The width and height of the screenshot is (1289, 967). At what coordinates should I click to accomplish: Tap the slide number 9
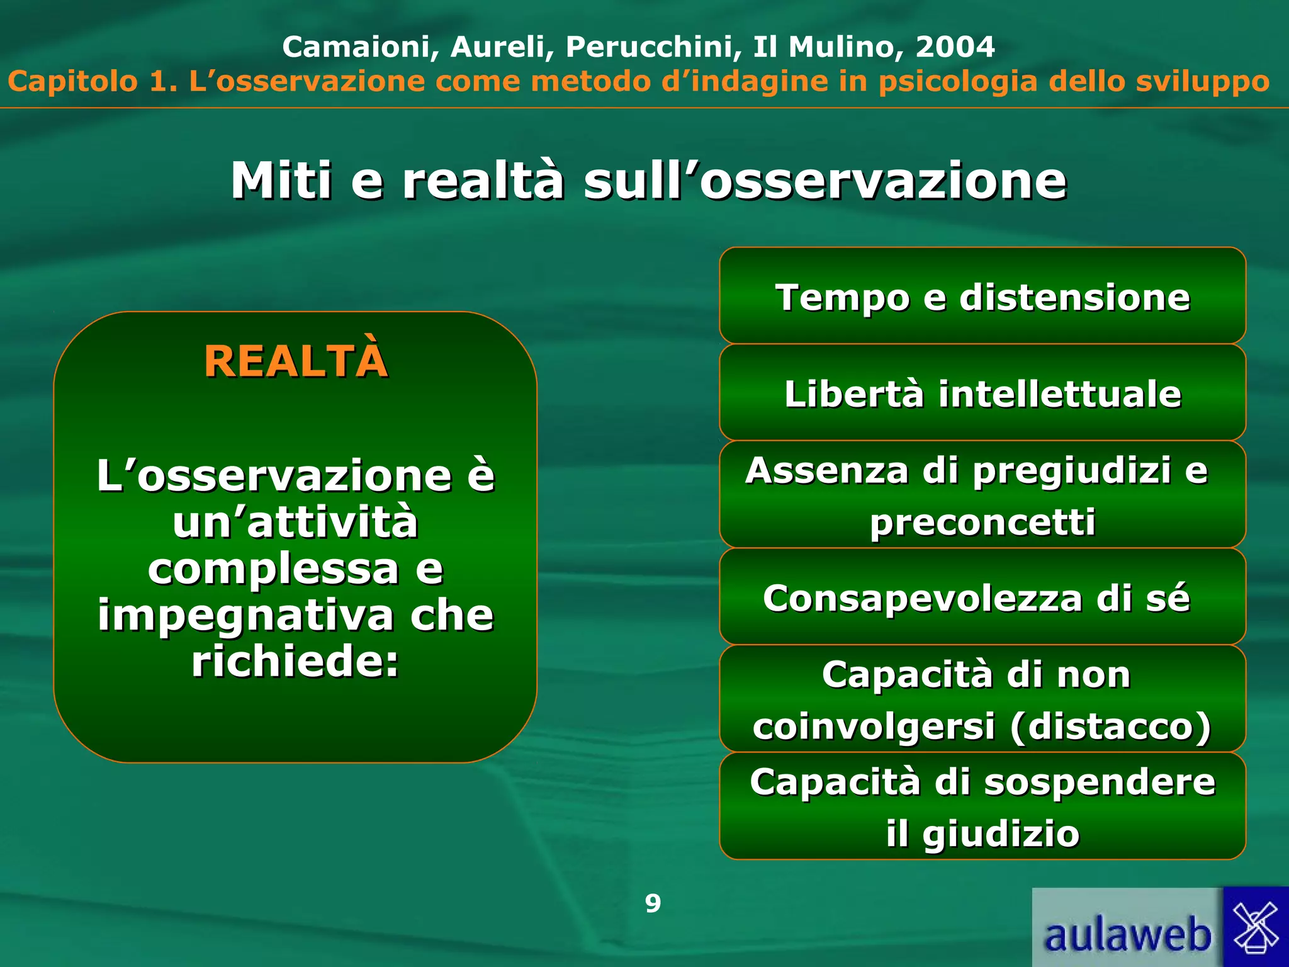point(653,903)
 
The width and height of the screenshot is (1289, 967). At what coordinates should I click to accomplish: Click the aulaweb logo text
point(1127,934)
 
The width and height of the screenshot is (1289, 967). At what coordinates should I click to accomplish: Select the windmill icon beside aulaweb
point(1256,927)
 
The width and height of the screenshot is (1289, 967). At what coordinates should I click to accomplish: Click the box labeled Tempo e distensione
point(982,297)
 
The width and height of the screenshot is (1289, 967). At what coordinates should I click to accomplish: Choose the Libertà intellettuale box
point(982,393)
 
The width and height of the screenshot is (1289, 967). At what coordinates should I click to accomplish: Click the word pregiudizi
point(1071,471)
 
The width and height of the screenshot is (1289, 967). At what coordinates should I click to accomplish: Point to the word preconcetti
point(982,522)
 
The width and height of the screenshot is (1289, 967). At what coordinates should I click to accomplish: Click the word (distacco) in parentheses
point(1110,726)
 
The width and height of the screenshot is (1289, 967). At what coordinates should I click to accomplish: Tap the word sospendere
point(1099,782)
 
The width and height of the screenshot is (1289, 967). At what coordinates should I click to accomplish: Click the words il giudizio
point(982,834)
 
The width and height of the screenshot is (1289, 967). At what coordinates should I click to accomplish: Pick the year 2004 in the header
point(955,47)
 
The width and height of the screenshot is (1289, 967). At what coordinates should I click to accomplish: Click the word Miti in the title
point(281,181)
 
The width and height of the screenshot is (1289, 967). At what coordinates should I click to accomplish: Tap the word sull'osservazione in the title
point(825,181)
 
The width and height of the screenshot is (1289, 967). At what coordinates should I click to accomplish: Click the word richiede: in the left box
point(295,662)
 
